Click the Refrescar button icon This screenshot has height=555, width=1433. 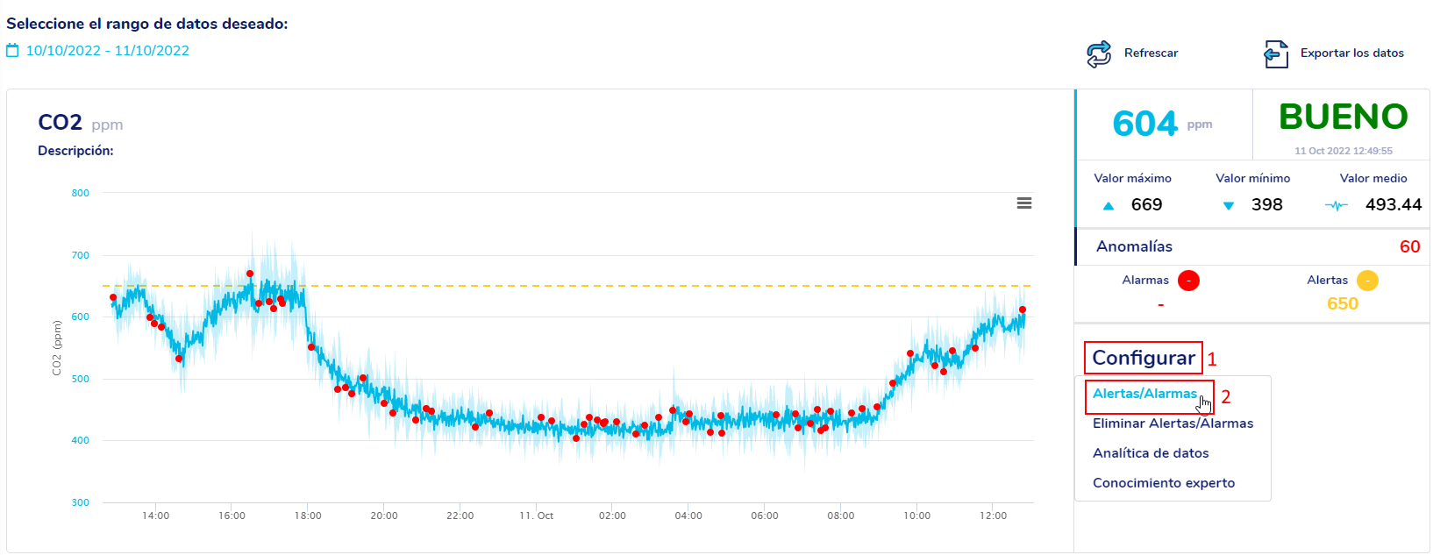[x=1099, y=53]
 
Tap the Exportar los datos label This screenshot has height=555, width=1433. [x=1351, y=53]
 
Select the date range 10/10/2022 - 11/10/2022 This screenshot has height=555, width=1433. [x=107, y=51]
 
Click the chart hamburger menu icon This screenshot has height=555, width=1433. [x=1023, y=203]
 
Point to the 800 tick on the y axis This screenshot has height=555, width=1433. [x=81, y=193]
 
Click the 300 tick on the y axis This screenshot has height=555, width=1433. [x=81, y=502]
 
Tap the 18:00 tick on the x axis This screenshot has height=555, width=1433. [x=308, y=516]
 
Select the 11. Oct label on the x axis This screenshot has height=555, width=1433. [x=536, y=516]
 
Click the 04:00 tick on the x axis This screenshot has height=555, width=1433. [x=688, y=516]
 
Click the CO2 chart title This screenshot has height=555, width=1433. [x=60, y=123]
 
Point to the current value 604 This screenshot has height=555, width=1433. [x=1144, y=124]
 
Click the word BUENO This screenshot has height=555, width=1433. [x=1343, y=117]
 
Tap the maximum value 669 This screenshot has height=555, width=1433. [x=1146, y=205]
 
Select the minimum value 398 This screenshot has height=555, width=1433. [x=1266, y=205]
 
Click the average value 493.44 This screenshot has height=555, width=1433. [x=1393, y=205]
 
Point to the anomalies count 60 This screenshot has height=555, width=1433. [x=1409, y=247]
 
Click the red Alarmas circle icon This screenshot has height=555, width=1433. [x=1188, y=281]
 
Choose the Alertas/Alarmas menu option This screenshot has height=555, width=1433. [x=1144, y=394]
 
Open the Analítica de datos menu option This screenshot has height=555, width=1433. [x=1151, y=453]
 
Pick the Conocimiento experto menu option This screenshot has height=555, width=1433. [x=1164, y=483]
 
